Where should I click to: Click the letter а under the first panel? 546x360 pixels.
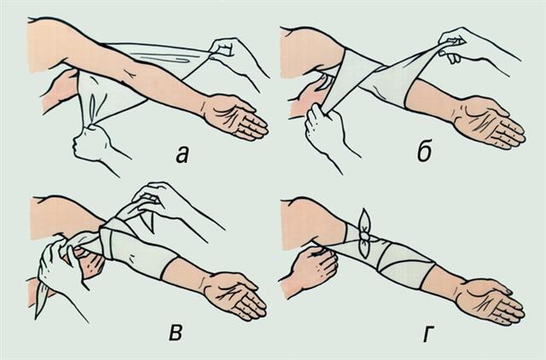(x=182, y=154)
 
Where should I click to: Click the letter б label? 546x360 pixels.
(x=425, y=152)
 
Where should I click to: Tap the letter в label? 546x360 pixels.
(x=176, y=334)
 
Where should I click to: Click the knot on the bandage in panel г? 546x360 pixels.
(x=364, y=237)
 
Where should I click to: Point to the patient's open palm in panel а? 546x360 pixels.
(x=234, y=117)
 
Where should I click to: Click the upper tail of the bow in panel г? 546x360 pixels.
(x=365, y=220)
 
